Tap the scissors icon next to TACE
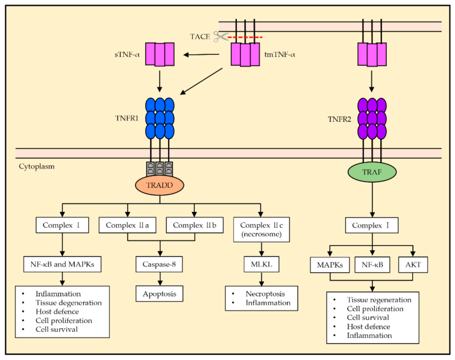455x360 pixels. point(220,37)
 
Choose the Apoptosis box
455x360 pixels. point(159,294)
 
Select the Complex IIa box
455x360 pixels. point(128,225)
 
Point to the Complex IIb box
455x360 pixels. point(194,225)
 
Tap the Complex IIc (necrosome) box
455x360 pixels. point(261,229)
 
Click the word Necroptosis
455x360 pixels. point(265,294)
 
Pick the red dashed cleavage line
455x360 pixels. point(245,37)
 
